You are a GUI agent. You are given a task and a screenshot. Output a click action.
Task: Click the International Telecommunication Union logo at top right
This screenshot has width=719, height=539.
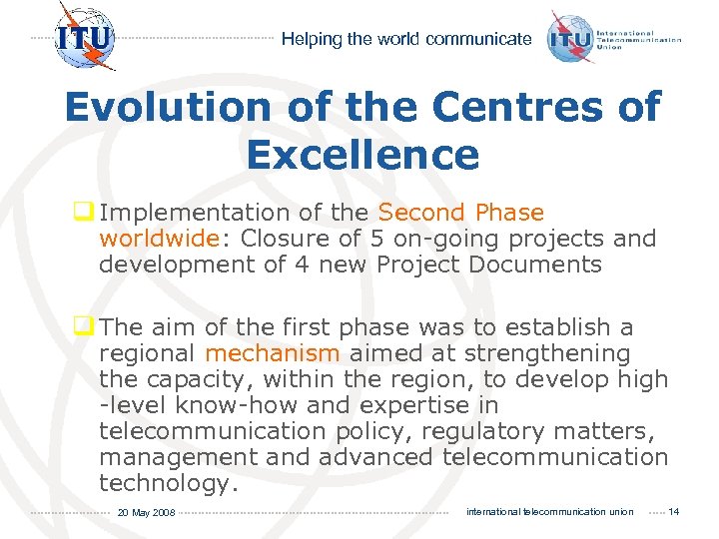[x=614, y=39]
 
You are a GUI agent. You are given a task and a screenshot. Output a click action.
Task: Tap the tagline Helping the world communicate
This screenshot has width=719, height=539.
[x=405, y=39]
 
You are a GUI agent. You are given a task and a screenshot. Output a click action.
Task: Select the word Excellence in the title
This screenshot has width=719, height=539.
[x=361, y=155]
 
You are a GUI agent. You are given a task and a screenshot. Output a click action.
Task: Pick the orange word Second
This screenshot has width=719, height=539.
[x=422, y=213]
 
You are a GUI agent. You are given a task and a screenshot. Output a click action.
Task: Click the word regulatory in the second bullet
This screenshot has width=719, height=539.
[x=470, y=431]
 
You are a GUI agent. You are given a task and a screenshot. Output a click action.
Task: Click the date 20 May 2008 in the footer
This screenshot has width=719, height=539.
[x=146, y=512]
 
